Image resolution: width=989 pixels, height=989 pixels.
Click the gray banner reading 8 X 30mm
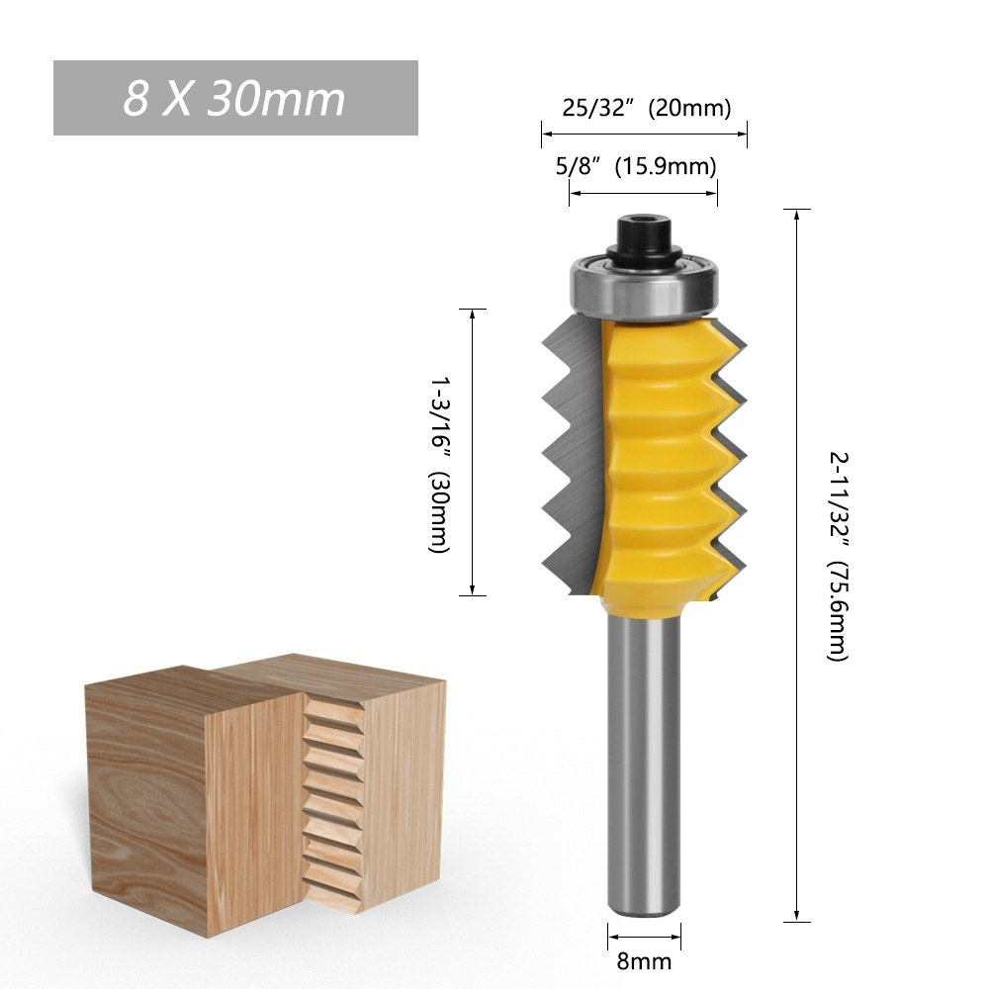235,98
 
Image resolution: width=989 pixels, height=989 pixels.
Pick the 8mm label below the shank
645,960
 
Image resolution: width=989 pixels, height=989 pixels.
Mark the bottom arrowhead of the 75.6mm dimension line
796,917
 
